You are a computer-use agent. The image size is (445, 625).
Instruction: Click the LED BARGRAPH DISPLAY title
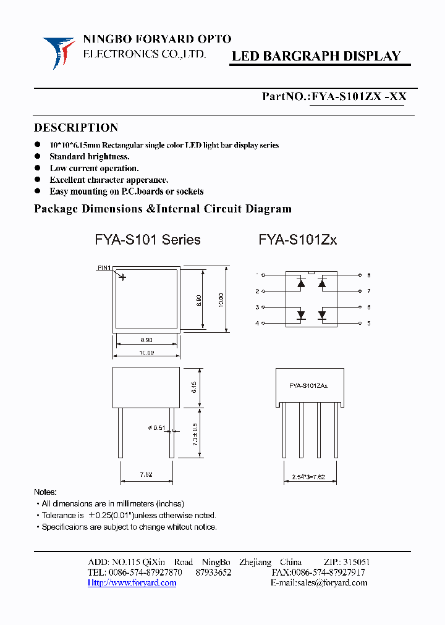tap(316, 56)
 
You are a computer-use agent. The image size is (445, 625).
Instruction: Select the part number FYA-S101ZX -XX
tap(358, 96)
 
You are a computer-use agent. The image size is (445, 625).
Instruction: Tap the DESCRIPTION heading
tap(75, 128)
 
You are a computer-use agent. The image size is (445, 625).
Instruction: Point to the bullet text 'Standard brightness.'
tap(90, 157)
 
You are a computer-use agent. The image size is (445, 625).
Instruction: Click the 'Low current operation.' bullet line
tap(94, 168)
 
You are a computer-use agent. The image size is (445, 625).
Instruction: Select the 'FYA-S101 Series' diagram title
tap(148, 240)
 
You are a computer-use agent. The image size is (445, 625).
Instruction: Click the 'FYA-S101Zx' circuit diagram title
tap(298, 240)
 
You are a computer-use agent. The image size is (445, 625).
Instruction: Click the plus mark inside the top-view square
tap(122, 277)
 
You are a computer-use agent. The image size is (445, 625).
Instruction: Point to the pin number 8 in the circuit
tap(368, 275)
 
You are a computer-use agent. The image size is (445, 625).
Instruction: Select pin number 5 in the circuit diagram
tap(368, 323)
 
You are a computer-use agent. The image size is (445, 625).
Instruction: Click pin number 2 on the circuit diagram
tap(257, 291)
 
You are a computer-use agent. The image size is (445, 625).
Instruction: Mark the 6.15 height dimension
tap(194, 387)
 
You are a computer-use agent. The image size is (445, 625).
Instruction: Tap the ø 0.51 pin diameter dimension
tap(157, 429)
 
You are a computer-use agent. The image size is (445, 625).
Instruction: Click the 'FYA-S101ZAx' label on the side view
tap(308, 385)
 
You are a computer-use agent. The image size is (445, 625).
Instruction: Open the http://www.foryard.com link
tap(132, 583)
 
